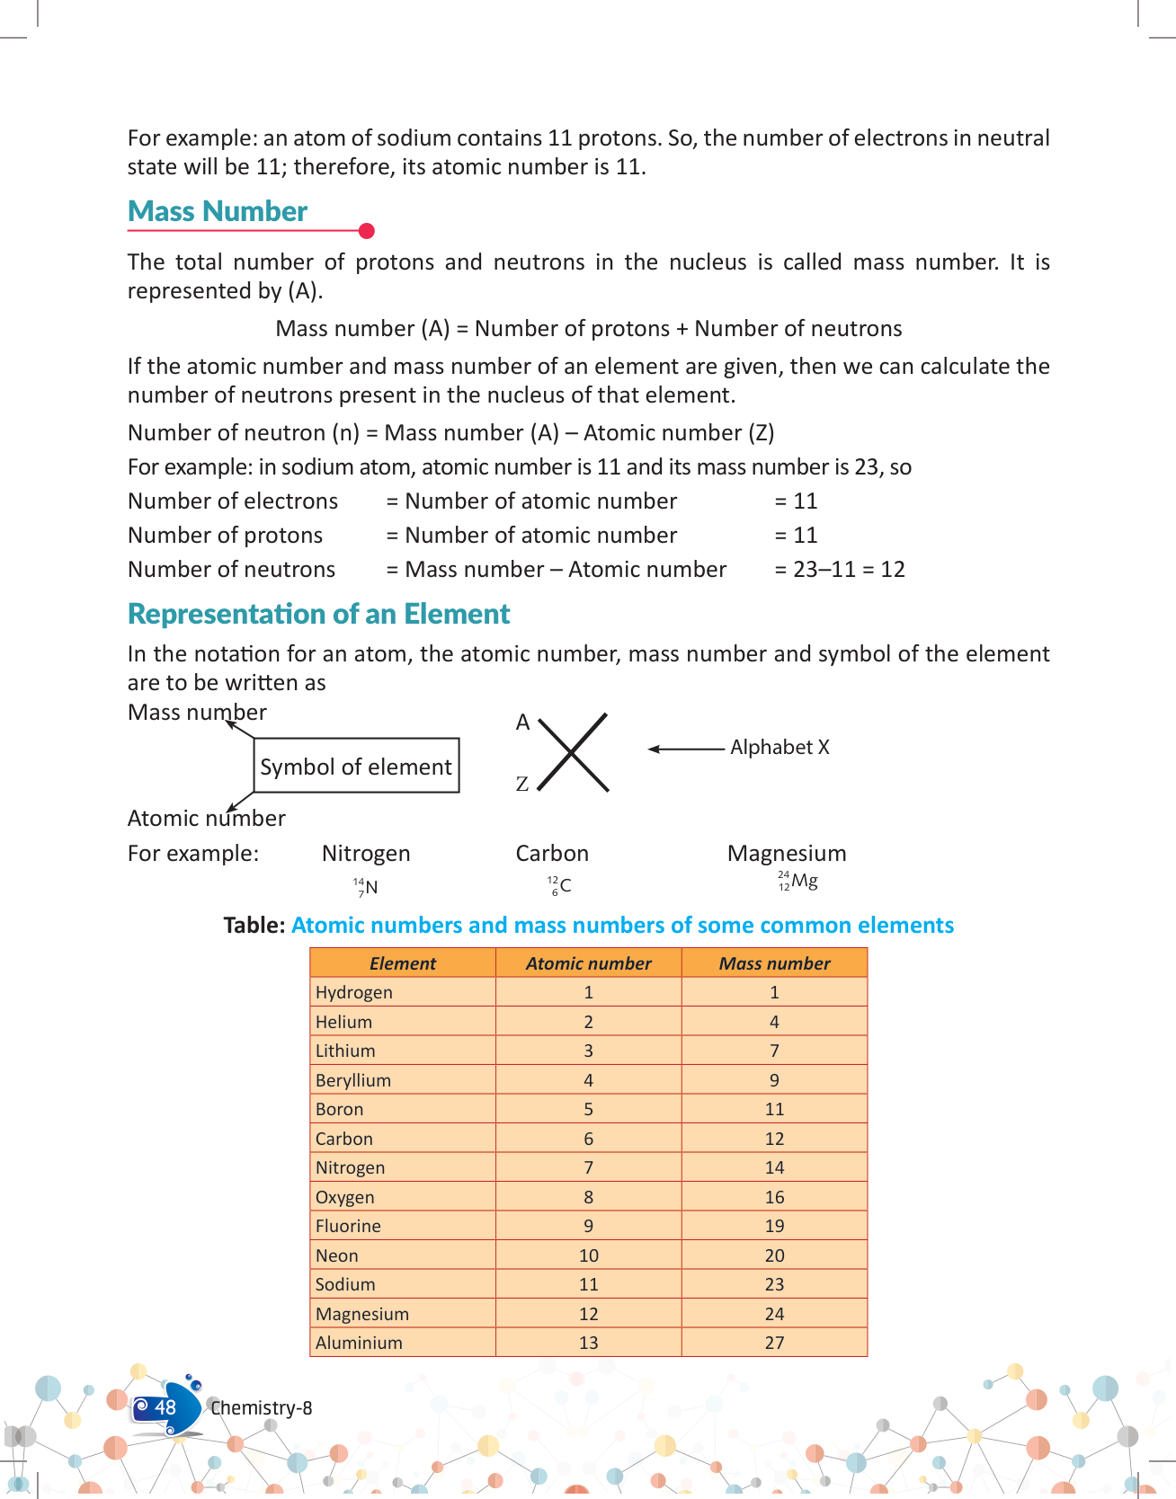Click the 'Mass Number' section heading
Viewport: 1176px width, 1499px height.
tap(218, 211)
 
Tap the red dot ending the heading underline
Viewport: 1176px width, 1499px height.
tap(366, 231)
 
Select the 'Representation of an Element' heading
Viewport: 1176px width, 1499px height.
tap(318, 614)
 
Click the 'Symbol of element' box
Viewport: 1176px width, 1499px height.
tap(356, 766)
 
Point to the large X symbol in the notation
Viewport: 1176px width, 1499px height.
tap(573, 752)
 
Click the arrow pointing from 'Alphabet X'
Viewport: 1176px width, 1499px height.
tap(685, 749)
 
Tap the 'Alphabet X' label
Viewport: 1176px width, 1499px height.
tap(780, 748)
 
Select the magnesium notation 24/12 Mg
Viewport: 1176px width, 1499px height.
tap(797, 882)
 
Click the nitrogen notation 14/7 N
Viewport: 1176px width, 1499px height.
tap(365, 887)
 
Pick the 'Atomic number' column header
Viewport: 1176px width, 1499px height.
tap(588, 963)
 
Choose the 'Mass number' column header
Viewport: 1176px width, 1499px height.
tap(774, 963)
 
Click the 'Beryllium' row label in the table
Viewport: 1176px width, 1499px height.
tap(353, 1080)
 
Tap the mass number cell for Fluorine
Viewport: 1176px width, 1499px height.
tap(774, 1226)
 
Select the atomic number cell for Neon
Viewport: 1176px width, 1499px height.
tap(588, 1255)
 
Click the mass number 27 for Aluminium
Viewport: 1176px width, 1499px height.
tap(774, 1343)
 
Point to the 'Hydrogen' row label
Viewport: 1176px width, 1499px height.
tap(354, 992)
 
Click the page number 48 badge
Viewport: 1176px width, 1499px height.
tap(165, 1407)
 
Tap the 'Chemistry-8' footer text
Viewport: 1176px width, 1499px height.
tap(262, 1408)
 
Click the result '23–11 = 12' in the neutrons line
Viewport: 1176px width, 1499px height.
tap(848, 570)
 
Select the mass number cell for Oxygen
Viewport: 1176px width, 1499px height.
tap(774, 1197)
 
